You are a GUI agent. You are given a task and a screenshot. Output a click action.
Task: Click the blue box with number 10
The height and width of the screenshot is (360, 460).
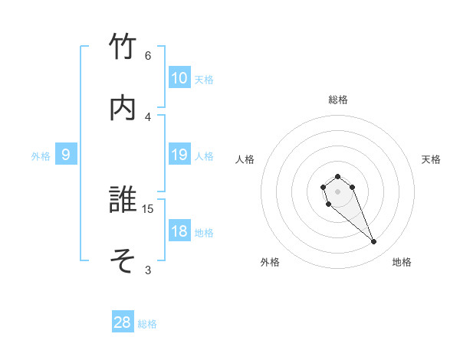[179, 78]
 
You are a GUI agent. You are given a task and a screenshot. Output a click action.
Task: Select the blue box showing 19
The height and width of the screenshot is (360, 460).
[179, 155]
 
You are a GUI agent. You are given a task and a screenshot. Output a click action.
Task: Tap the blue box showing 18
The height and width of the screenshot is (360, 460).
[179, 231]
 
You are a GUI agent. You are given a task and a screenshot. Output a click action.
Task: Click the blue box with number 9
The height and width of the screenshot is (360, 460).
[66, 155]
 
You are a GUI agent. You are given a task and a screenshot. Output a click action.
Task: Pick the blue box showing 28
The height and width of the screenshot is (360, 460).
[123, 322]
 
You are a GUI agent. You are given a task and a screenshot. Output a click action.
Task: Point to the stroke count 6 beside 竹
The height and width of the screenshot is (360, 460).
[148, 56]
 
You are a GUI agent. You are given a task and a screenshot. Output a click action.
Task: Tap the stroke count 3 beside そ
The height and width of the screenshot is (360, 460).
[148, 270]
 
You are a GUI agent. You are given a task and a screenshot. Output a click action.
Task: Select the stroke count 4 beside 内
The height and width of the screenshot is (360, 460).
[148, 116]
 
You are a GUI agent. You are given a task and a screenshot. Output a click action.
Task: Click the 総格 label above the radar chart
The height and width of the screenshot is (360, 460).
[338, 100]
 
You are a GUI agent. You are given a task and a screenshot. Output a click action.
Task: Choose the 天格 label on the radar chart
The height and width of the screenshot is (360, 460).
[432, 159]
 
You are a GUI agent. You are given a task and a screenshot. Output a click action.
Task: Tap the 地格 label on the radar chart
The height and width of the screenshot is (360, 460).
[402, 262]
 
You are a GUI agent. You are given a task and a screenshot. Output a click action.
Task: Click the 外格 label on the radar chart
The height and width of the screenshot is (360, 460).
[270, 262]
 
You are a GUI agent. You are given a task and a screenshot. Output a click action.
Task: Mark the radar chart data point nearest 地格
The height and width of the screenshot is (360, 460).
[374, 242]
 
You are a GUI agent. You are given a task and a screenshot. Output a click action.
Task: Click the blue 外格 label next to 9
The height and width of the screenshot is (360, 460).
[41, 155]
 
